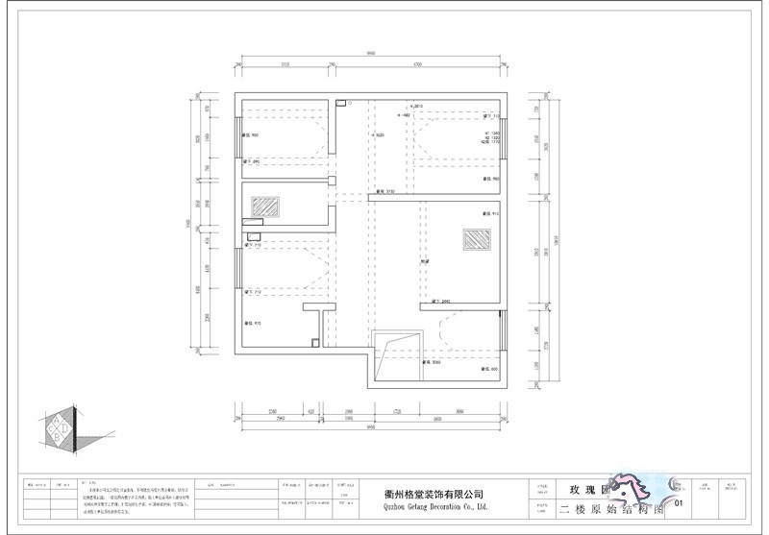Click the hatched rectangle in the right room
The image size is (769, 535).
click(x=474, y=240)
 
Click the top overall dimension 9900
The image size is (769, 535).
click(x=369, y=54)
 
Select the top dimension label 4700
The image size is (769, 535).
click(x=417, y=65)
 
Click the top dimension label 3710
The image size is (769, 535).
click(x=285, y=65)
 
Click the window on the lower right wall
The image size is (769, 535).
click(x=501, y=332)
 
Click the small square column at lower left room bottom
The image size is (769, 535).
click(x=314, y=340)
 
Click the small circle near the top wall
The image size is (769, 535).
click(x=351, y=102)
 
